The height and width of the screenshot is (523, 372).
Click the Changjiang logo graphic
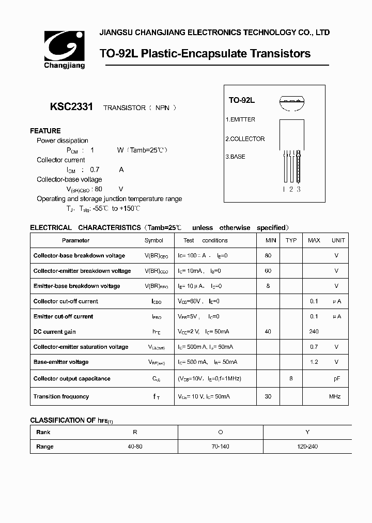click(x=64, y=46)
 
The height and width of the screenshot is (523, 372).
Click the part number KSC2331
click(x=71, y=107)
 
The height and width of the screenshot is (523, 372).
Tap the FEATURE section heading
click(x=45, y=131)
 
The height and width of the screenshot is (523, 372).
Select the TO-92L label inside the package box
click(x=242, y=101)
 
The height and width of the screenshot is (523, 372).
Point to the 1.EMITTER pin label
click(x=240, y=119)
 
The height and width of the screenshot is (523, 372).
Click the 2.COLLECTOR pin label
click(x=245, y=139)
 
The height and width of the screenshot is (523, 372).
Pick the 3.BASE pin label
click(x=236, y=157)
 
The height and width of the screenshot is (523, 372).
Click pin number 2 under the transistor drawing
click(x=291, y=189)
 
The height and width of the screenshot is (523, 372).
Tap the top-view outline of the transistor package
click(x=291, y=102)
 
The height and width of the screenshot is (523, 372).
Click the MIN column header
click(x=271, y=240)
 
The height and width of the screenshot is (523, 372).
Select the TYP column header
click(x=291, y=240)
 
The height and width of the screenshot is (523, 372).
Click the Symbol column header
click(x=154, y=240)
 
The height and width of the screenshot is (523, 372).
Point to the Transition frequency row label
click(x=61, y=396)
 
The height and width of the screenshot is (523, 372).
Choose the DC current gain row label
click(x=55, y=332)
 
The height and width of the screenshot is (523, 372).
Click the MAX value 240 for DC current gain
click(x=314, y=332)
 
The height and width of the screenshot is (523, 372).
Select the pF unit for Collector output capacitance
click(x=336, y=378)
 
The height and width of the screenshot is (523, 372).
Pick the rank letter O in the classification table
click(x=221, y=432)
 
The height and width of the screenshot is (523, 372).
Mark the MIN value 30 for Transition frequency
click(x=268, y=396)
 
